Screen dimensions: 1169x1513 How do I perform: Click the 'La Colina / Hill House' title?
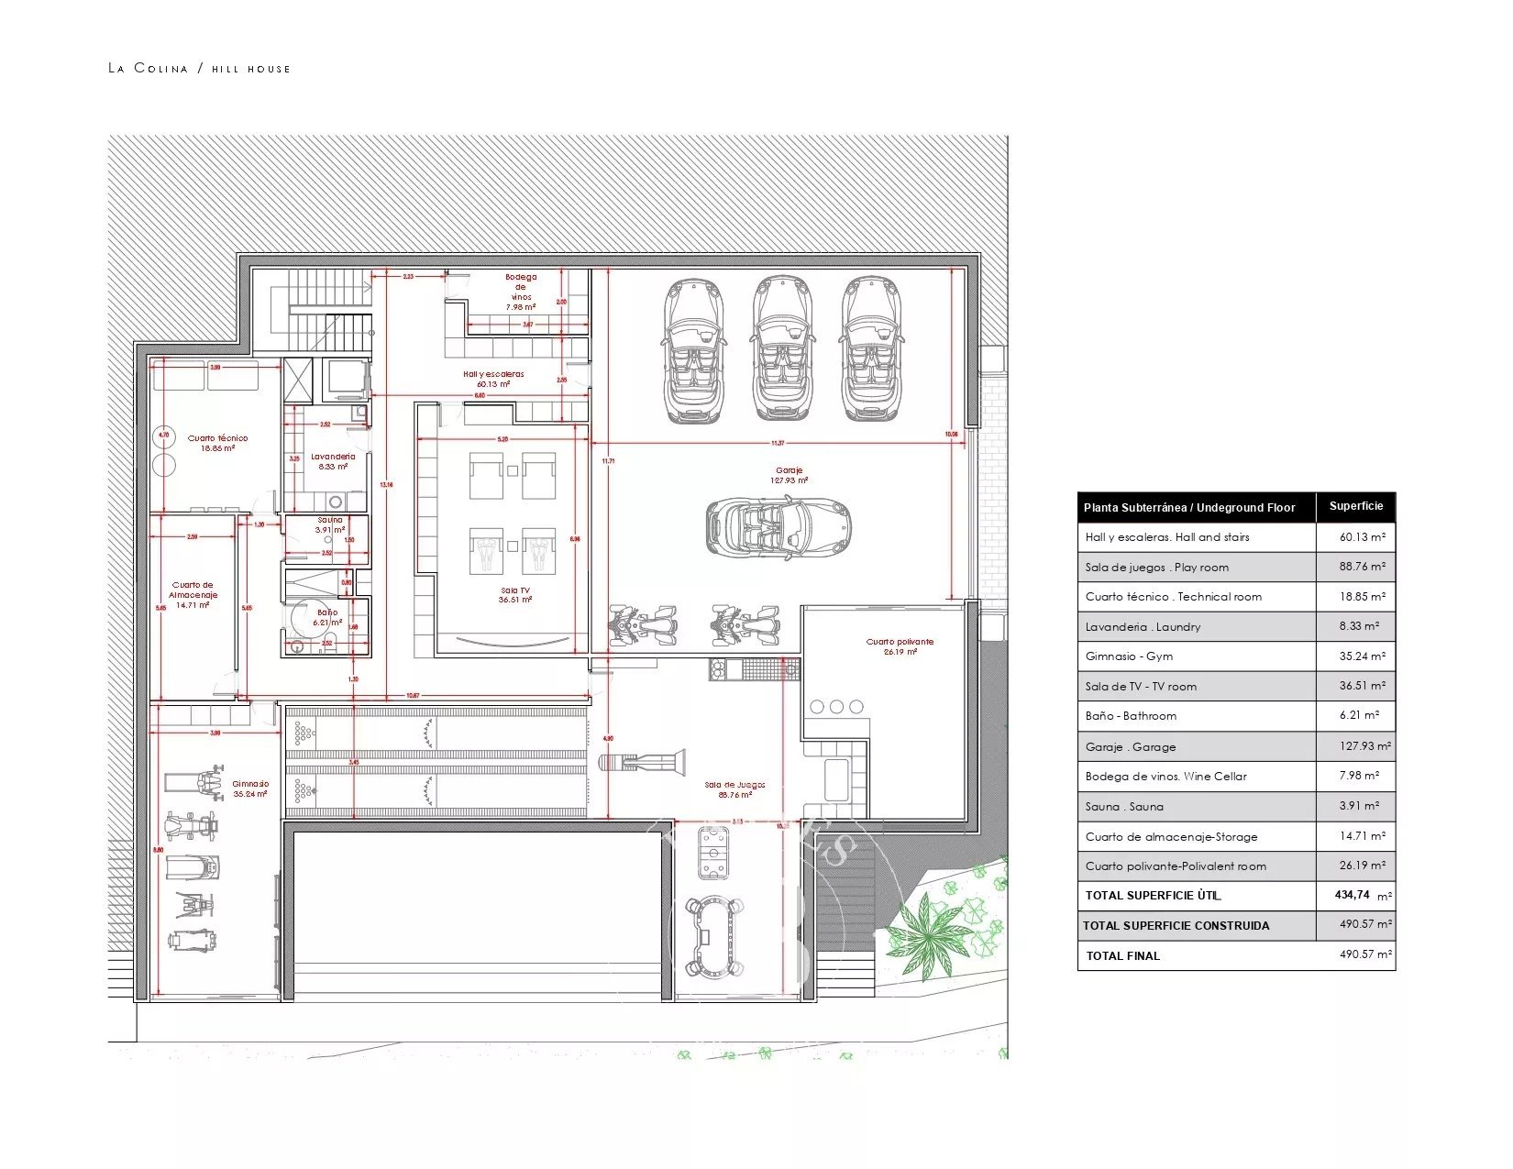[199, 68]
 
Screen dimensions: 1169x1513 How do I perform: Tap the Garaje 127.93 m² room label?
[789, 475]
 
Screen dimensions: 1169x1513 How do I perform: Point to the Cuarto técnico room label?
[217, 443]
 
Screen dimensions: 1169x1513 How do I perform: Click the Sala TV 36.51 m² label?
[515, 595]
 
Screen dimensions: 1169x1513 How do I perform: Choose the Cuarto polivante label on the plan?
[900, 646]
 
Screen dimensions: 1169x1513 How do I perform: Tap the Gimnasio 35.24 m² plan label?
[250, 789]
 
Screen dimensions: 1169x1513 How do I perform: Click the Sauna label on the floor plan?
[330, 524]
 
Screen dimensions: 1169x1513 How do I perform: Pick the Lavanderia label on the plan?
[333, 461]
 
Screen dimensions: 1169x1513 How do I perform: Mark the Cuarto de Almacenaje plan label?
[193, 594]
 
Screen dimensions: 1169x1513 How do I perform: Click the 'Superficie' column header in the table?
[1355, 506]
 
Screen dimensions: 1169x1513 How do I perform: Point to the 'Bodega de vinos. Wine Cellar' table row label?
[1165, 777]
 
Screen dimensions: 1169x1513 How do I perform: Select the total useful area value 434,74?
[1352, 895]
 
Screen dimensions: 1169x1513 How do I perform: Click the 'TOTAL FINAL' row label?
[1122, 955]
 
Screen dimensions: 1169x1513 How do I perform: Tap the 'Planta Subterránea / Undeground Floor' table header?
[1189, 507]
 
